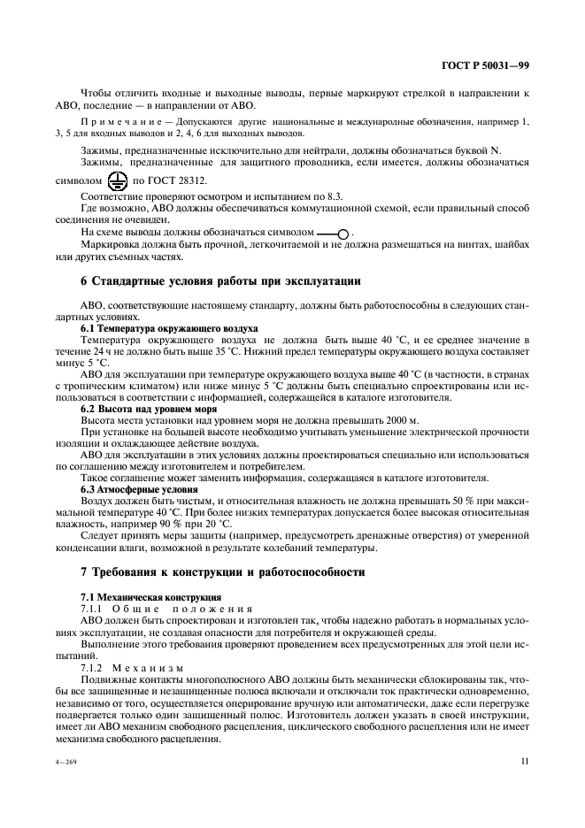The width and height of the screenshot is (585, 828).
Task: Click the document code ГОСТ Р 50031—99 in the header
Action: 484,65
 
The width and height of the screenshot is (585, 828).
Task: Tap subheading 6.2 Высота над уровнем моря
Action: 138,410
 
